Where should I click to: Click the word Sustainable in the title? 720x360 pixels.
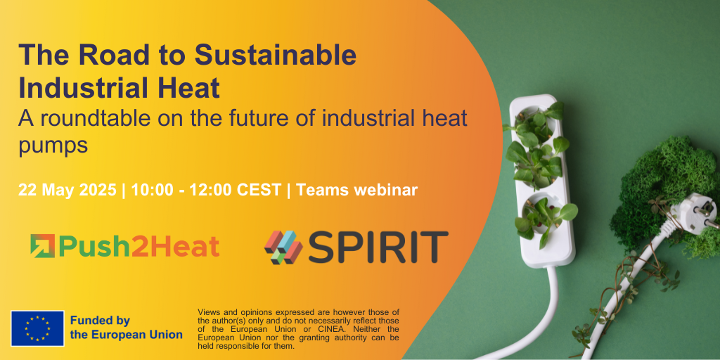pyautogui.click(x=276, y=56)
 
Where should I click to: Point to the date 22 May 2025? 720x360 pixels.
pyautogui.click(x=67, y=190)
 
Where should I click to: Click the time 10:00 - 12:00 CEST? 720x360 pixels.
pyautogui.click(x=206, y=190)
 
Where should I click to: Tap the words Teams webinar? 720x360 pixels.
pyautogui.click(x=356, y=190)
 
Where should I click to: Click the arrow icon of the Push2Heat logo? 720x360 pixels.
pyautogui.click(x=43, y=245)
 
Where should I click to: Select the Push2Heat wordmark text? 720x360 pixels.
pyautogui.click(x=139, y=247)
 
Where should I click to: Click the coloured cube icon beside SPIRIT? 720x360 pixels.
pyautogui.click(x=283, y=247)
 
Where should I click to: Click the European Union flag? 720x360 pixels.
pyautogui.click(x=38, y=328)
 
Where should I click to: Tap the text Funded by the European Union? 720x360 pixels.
pyautogui.click(x=127, y=328)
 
